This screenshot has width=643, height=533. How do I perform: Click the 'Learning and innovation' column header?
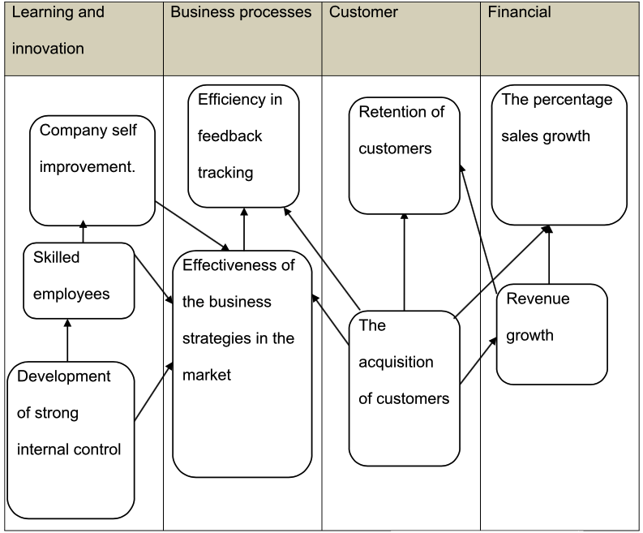[58, 31]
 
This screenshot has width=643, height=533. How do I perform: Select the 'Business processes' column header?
[241, 13]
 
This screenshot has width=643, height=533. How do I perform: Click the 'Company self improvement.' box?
[92, 170]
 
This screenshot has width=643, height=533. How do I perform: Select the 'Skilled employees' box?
[78, 280]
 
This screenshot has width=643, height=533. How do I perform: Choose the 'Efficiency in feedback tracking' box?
[243, 145]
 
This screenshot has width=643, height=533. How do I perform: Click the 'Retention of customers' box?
[404, 156]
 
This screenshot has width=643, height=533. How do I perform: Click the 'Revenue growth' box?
[551, 333]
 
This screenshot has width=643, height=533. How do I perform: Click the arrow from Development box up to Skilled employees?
[67, 340]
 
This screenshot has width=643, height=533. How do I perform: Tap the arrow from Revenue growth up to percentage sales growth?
[550, 255]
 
